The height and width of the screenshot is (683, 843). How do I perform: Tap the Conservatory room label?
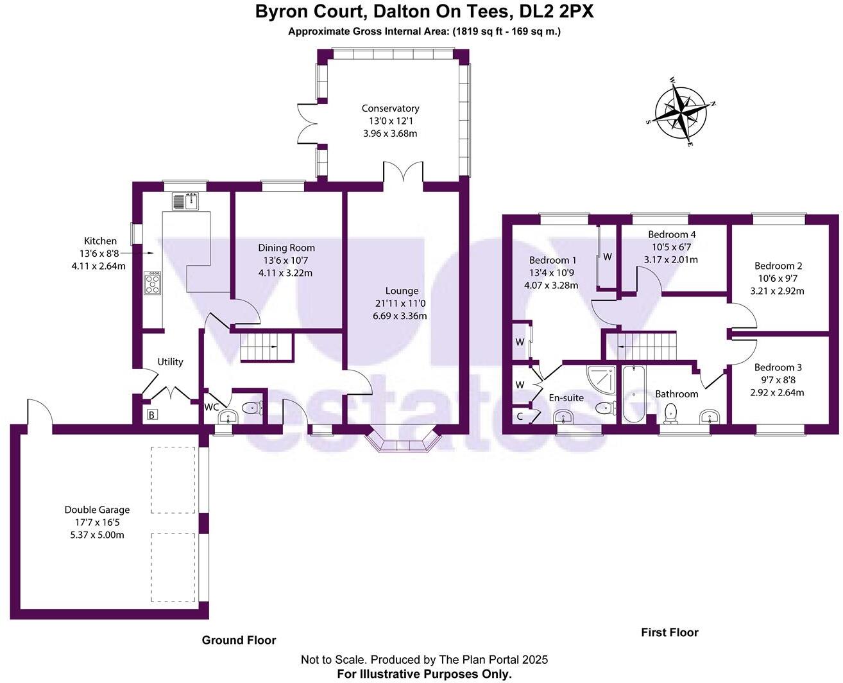tap(390, 108)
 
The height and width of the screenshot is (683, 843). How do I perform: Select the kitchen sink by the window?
tap(186, 201)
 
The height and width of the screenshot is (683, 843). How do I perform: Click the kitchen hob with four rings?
tap(153, 283)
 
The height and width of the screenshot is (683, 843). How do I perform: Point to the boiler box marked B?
tap(152, 415)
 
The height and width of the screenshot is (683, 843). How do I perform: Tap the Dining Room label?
tap(286, 248)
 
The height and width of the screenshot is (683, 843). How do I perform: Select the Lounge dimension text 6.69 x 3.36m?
tap(400, 316)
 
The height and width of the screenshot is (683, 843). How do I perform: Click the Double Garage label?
tap(97, 510)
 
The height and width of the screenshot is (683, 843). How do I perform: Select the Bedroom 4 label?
tap(672, 234)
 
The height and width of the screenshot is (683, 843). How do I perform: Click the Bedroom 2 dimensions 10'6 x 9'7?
tap(778, 279)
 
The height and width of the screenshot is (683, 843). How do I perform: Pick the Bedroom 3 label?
tap(778, 367)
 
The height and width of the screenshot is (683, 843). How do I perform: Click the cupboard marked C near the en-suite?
tap(520, 417)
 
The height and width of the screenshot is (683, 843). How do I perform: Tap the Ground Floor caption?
tap(239, 640)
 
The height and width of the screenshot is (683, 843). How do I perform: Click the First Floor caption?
tap(669, 632)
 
